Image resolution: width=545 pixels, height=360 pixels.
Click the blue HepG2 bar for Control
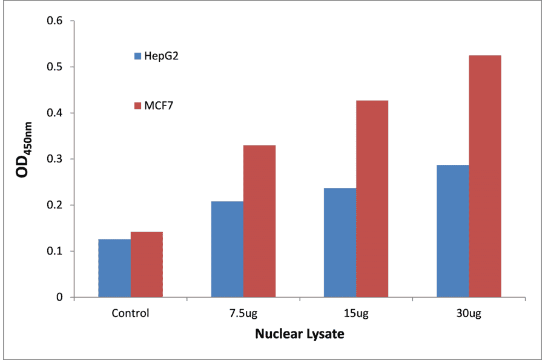[x=114, y=268]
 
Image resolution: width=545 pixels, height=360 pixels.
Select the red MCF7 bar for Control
[x=147, y=264]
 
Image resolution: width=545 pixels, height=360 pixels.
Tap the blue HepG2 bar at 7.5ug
[x=227, y=249]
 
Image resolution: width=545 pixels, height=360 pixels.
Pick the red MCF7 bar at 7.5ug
[x=259, y=221]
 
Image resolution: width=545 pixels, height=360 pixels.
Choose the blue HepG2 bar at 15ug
[x=340, y=242]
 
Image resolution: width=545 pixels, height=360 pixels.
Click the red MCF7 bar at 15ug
[x=372, y=199]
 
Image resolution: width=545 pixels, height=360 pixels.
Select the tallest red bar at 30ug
[x=484, y=176]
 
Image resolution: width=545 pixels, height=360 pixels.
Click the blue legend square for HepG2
[x=137, y=56]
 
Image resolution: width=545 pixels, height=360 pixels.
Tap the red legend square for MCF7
[x=137, y=106]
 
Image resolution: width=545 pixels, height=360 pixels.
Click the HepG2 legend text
[x=161, y=56]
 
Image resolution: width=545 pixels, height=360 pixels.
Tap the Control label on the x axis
[x=130, y=314]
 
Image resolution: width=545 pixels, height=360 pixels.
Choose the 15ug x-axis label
[x=355, y=314]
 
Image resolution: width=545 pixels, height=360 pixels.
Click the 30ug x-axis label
[x=468, y=314]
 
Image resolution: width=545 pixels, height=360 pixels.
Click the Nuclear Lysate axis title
[x=299, y=334]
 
